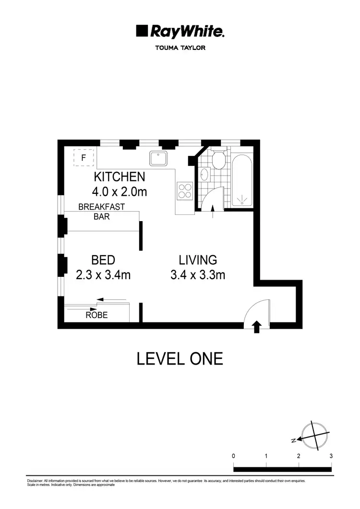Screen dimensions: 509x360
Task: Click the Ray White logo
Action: pyautogui.click(x=180, y=32)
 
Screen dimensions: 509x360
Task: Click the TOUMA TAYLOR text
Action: pyautogui.click(x=180, y=48)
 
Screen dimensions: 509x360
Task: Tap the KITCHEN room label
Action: pyautogui.click(x=119, y=177)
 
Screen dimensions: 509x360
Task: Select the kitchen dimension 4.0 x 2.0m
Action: pyautogui.click(x=119, y=192)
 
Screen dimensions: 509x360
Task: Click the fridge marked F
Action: pyautogui.click(x=84, y=157)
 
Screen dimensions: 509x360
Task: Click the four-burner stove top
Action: pyautogui.click(x=185, y=191)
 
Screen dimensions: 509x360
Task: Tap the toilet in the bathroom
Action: pyautogui.click(x=219, y=160)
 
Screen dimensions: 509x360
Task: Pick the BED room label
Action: pyautogui.click(x=103, y=260)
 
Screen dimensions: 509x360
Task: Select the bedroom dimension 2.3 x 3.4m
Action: pyautogui.click(x=103, y=275)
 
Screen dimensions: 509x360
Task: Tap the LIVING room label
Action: pyautogui.click(x=198, y=260)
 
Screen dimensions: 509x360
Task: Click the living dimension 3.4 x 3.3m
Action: pyautogui.click(x=198, y=275)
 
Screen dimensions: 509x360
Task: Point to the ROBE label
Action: pyautogui.click(x=96, y=315)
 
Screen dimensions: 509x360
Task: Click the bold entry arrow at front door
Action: pyautogui.click(x=256, y=327)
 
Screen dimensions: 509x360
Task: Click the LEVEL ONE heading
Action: pyautogui.click(x=180, y=358)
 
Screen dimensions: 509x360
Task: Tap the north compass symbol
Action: pyautogui.click(x=314, y=436)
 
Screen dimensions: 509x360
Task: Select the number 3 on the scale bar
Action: pyautogui.click(x=331, y=456)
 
